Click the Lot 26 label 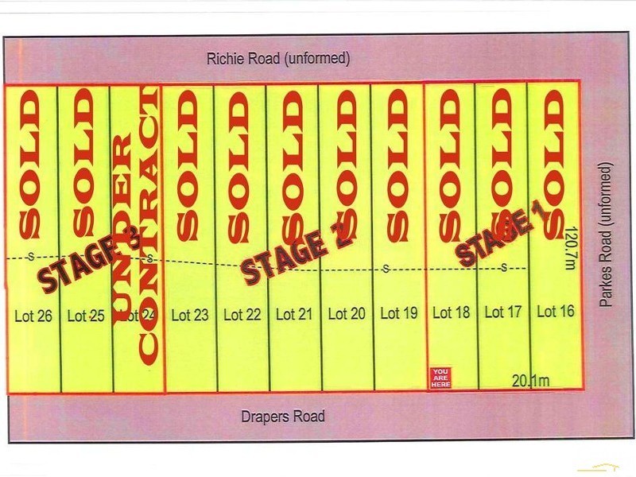tap(33, 316)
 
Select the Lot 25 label tap(86, 316)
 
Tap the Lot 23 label tap(190, 315)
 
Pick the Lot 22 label tap(242, 315)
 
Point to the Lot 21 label tap(294, 314)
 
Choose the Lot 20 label tap(347, 313)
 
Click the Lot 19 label tap(399, 313)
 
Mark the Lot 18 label tap(452, 312)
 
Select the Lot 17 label tap(503, 312)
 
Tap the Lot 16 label tap(556, 311)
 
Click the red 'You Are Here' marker tap(440, 377)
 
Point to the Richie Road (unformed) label tap(277, 58)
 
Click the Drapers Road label tap(283, 417)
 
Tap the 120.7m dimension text tap(568, 249)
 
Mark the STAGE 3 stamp tap(91, 259)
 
